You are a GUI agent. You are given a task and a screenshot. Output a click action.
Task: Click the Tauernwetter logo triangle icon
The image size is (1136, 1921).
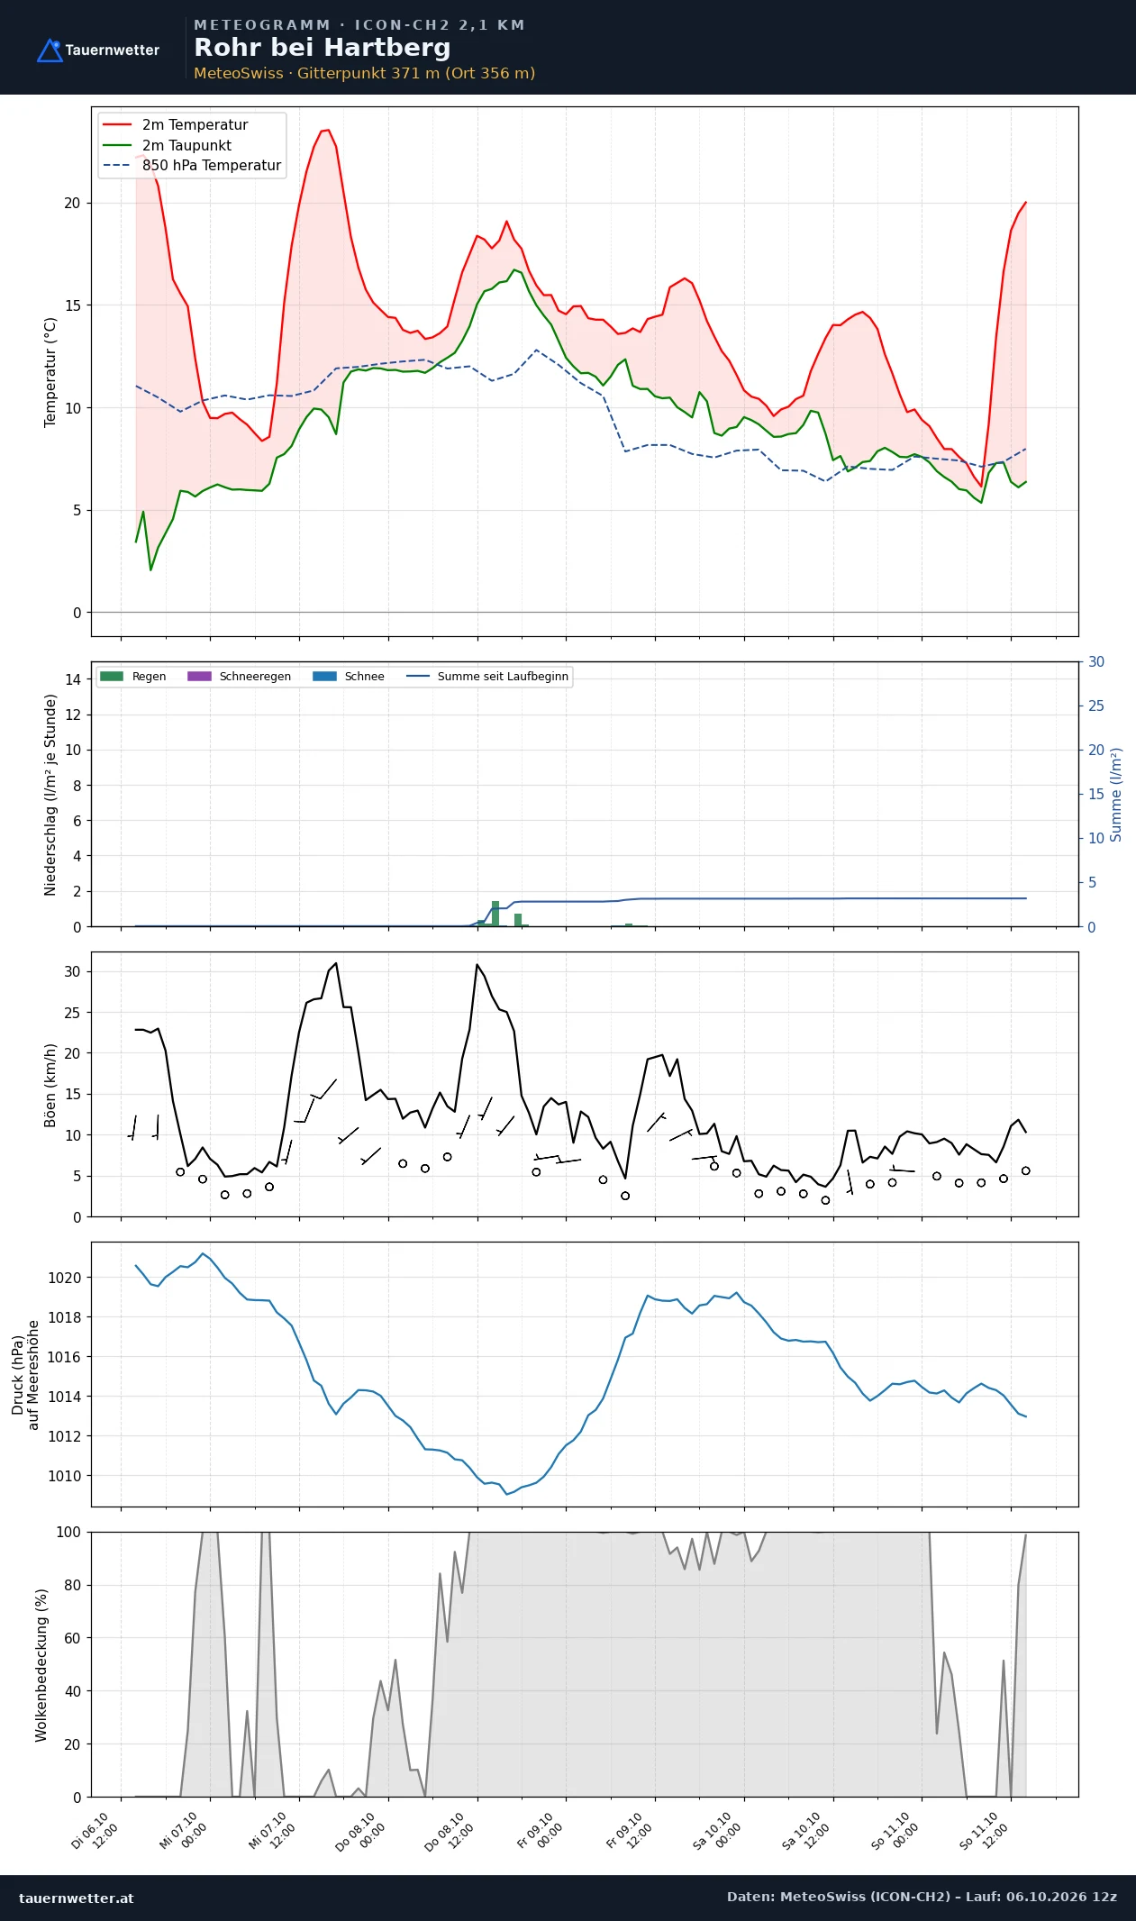pos(50,50)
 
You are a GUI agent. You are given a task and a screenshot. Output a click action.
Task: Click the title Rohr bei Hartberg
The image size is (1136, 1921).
pos(322,48)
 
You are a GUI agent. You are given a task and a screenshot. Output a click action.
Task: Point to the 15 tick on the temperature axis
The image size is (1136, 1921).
pos(72,305)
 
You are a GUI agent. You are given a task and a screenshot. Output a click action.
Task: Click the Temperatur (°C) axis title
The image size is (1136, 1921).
pos(50,372)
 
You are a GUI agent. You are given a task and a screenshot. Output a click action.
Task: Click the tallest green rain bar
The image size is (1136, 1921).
pos(495,913)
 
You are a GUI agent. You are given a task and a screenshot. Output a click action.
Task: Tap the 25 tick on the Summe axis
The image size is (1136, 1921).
pos(1096,706)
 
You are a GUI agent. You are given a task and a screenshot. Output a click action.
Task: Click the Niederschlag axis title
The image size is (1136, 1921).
pos(50,795)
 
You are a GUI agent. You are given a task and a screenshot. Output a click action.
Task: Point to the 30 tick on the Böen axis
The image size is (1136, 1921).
pos(72,971)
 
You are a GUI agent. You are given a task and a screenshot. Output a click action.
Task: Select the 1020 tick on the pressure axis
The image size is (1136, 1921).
pos(64,1278)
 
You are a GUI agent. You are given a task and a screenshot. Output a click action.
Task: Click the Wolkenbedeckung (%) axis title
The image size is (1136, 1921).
pos(41,1665)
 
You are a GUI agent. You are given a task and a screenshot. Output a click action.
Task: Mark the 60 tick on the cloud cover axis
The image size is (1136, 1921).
pos(72,1638)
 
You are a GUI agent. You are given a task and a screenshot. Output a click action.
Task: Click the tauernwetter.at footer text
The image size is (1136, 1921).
pos(77,1898)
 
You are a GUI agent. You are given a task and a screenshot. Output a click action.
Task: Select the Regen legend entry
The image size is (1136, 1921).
pos(133,677)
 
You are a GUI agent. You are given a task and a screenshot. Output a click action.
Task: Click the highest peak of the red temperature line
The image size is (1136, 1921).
pos(328,130)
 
